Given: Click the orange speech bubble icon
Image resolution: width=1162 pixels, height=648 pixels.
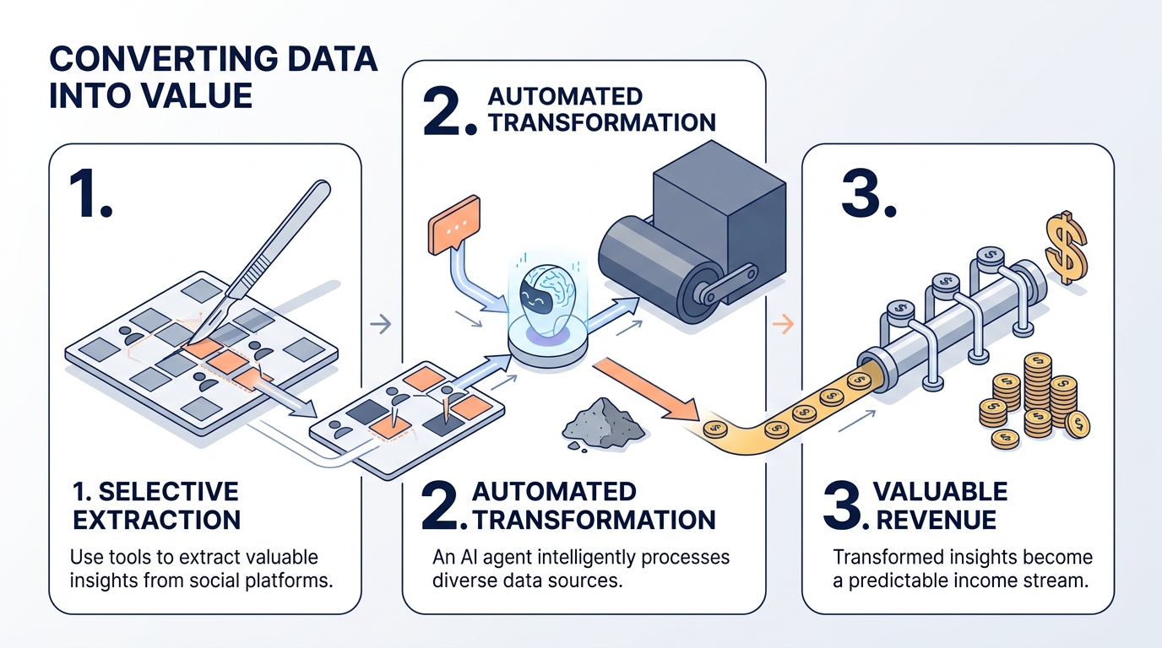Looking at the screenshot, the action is (x=454, y=224).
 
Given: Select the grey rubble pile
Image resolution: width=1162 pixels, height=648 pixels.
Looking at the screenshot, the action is (x=603, y=424).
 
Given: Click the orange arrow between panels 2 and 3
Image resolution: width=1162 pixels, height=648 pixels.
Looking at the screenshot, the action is (x=784, y=324).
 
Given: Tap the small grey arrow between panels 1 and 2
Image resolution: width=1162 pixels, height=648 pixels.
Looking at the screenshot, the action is (x=381, y=324).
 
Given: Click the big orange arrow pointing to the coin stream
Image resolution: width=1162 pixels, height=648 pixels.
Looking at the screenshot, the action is (x=647, y=390).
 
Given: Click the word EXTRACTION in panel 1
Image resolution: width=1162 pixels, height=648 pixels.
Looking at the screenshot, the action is (x=157, y=520).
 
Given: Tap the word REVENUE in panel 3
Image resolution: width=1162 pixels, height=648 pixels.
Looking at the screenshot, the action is (x=936, y=520).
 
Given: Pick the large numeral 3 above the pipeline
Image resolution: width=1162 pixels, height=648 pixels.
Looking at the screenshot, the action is (x=868, y=193).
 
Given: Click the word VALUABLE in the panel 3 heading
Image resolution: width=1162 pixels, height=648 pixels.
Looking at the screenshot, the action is (x=940, y=491).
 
